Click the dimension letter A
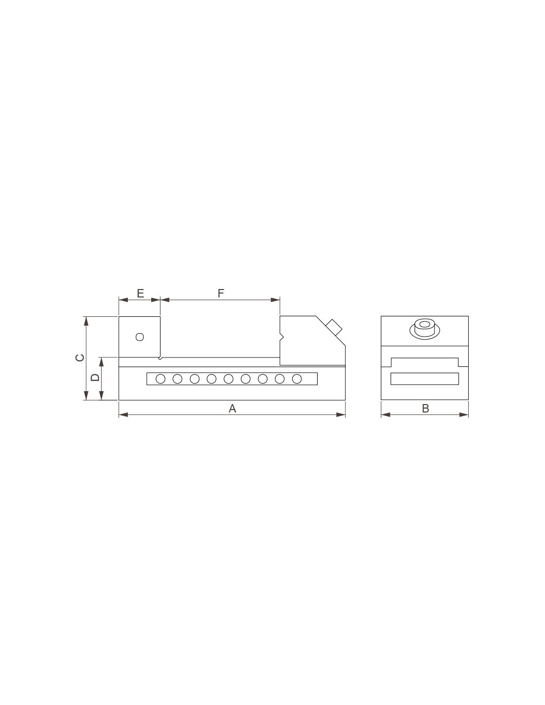[232, 409]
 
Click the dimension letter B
[426, 409]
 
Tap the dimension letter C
[80, 357]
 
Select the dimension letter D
[95, 377]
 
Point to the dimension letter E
[140, 294]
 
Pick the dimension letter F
[221, 294]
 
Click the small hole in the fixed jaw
[140, 337]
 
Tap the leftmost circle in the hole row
[161, 379]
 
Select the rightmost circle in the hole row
[297, 379]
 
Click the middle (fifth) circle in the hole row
[228, 379]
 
